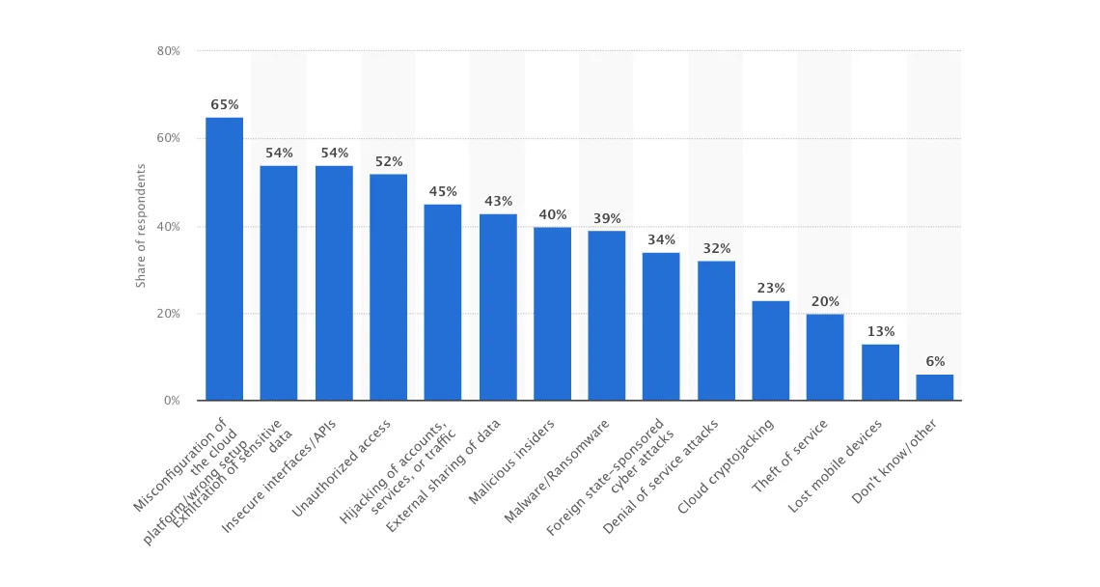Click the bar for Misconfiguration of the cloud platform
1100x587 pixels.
pyautogui.click(x=224, y=259)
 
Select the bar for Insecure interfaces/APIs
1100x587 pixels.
pyautogui.click(x=334, y=283)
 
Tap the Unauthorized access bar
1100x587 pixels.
pyautogui.click(x=388, y=287)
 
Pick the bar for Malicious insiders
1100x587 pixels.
pyautogui.click(x=552, y=314)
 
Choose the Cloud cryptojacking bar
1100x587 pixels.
pyautogui.click(x=770, y=350)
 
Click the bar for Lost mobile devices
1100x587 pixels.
pyautogui.click(x=879, y=372)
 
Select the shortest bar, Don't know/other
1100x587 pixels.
pyautogui.click(x=934, y=387)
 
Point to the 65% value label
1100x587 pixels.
pyautogui.click(x=225, y=104)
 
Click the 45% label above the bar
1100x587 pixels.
pyautogui.click(x=443, y=191)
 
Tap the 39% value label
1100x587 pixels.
pyautogui.click(x=607, y=218)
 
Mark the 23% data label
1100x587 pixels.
pyautogui.click(x=771, y=288)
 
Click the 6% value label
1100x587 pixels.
pyautogui.click(x=934, y=361)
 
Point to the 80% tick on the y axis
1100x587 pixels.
pyautogui.click(x=168, y=50)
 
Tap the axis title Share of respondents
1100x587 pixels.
pyautogui.click(x=141, y=226)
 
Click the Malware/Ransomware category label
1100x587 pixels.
pyautogui.click(x=559, y=470)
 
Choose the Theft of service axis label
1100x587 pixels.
pyautogui.click(x=789, y=456)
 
